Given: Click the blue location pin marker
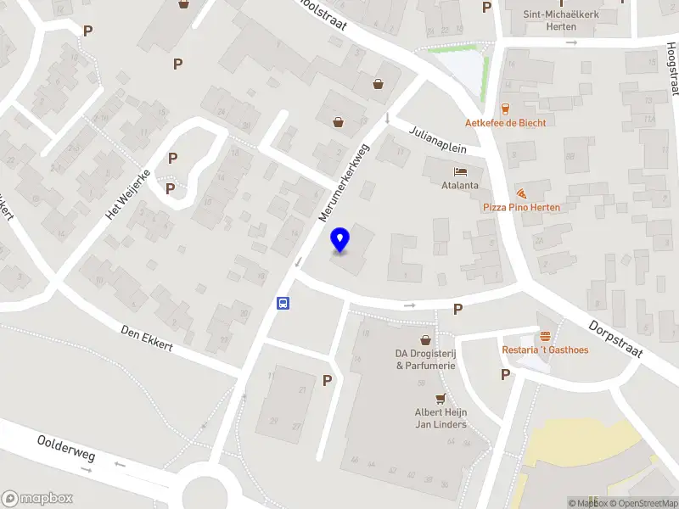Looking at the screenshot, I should click(x=340, y=240).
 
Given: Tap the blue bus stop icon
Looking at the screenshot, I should click(x=283, y=303).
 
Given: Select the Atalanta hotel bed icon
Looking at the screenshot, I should click(x=460, y=171).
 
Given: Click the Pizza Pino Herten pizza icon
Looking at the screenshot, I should click(x=522, y=193).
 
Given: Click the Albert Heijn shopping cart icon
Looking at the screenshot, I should click(x=441, y=399).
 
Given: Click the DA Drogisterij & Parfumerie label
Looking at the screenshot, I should click(x=425, y=360).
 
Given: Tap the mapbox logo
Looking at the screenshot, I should click(x=37, y=498).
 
